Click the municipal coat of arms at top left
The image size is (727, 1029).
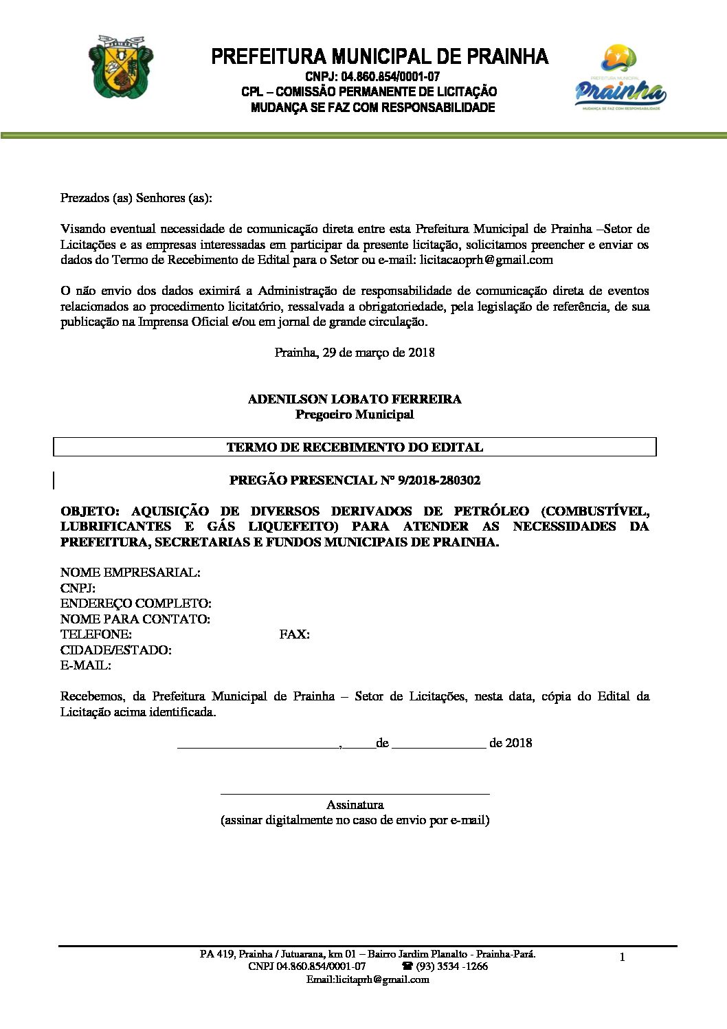point(121,68)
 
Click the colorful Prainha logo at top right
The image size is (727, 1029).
point(620,78)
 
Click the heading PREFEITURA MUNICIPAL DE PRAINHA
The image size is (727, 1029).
point(379,56)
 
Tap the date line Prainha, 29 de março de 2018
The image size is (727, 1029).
point(355,353)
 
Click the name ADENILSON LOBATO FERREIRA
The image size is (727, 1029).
point(355,399)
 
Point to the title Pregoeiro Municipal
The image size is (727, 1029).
point(355,414)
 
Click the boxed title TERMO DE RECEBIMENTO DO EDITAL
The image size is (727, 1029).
point(355,447)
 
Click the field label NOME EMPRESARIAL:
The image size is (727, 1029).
point(131,573)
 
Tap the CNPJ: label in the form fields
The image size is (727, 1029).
point(78,588)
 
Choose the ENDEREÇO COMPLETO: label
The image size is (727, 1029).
point(136,604)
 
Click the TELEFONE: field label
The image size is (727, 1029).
point(96,634)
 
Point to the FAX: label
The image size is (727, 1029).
point(294,634)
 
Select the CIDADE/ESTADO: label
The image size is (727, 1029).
point(116,650)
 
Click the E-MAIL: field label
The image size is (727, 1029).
point(86,665)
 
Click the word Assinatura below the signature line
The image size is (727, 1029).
point(355,805)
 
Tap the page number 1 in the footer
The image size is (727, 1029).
point(623,958)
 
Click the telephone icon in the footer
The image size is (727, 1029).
point(407,966)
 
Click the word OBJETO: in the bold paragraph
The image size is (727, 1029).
point(90,511)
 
